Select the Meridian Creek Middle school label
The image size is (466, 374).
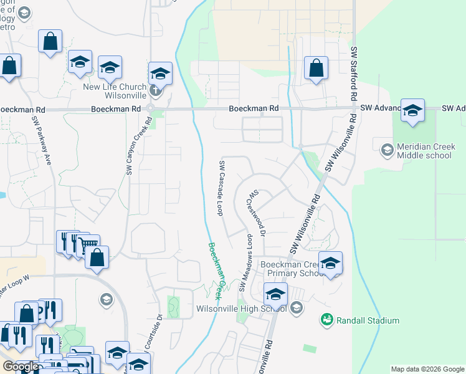[424, 151]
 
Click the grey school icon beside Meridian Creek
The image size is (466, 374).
[386, 148]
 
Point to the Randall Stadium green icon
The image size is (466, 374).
[326, 320]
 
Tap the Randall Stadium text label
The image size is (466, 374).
[368, 320]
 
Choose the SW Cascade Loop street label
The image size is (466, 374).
[221, 188]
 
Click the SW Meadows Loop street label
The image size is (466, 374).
[246, 262]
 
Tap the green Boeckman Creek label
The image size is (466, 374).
[216, 269]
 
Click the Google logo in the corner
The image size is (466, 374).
[21, 367]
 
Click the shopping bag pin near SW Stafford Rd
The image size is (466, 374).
[316, 69]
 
